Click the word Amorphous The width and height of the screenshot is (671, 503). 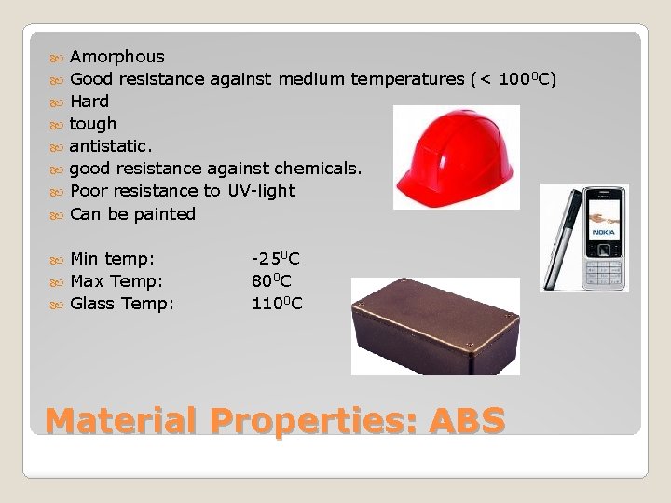click(116, 57)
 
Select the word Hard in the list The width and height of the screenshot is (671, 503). click(89, 102)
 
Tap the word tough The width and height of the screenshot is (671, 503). click(93, 124)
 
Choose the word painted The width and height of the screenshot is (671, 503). click(165, 214)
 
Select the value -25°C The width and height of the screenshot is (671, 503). click(276, 258)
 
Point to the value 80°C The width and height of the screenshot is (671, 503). click(271, 280)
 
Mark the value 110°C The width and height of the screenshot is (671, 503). click(277, 303)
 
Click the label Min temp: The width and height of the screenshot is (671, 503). click(113, 258)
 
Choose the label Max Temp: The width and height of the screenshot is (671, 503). click(116, 280)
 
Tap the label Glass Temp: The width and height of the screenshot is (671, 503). click(122, 303)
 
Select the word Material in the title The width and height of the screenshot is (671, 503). click(120, 420)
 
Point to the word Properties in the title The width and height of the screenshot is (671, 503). click(313, 420)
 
